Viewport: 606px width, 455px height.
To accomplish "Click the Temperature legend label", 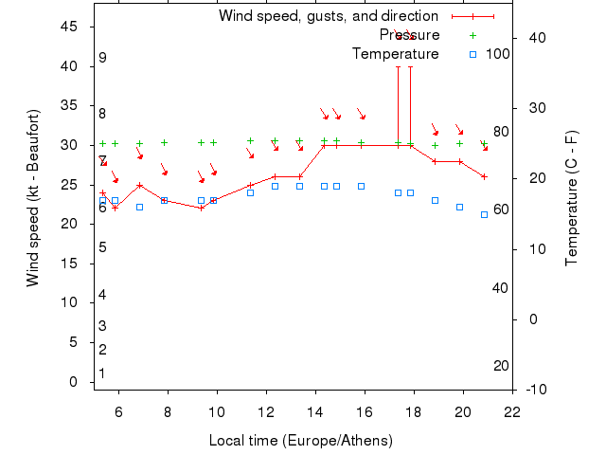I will [x=395, y=54].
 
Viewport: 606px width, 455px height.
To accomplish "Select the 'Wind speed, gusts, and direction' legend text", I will [x=328, y=16].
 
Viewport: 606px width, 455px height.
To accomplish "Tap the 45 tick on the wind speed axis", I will [x=69, y=27].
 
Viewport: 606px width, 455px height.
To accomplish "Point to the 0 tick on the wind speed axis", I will [x=74, y=382].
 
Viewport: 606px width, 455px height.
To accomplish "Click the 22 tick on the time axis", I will [x=512, y=412].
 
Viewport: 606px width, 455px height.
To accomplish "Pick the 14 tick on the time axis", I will [x=315, y=412].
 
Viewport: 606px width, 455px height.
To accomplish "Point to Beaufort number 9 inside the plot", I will [x=102, y=58].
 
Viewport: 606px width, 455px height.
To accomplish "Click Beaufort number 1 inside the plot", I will [x=102, y=373].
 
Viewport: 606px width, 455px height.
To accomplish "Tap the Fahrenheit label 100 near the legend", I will [x=498, y=54].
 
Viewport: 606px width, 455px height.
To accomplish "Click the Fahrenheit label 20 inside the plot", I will [x=502, y=366].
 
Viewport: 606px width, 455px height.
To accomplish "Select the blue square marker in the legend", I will [x=472, y=54].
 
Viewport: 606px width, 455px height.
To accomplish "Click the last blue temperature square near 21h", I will [x=484, y=214].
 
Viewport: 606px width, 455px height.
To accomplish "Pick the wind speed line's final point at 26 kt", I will [x=484, y=176].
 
